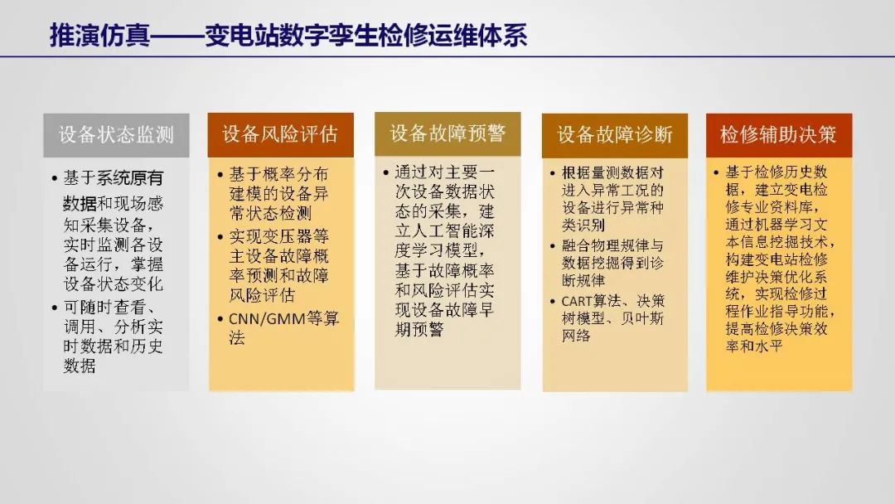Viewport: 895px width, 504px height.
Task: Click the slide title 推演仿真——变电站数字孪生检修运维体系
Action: pos(288,36)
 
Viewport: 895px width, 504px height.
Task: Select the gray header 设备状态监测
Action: pos(117,135)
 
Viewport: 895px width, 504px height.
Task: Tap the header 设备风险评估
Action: pos(280,135)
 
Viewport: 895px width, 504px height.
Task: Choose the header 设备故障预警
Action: pos(447,133)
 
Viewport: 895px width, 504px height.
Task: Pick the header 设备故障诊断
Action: pos(615,135)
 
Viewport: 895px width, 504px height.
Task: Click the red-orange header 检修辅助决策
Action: pos(779,135)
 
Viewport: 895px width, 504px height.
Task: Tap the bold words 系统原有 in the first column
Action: pos(129,178)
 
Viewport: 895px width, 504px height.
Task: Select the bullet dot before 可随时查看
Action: pos(54,308)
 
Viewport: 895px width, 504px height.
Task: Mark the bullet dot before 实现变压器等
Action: pos(220,237)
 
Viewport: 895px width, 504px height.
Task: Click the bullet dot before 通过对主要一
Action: pos(386,172)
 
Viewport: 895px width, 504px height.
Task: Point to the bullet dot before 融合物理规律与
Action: pos(553,246)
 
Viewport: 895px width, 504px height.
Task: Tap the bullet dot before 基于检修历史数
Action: pos(716,172)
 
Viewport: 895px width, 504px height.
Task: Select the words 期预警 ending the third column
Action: pos(419,329)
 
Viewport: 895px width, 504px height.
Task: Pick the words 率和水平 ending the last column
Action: pos(754,346)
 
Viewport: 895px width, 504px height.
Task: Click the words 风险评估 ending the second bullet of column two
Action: pos(262,295)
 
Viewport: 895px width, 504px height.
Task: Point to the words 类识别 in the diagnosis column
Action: pos(583,225)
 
